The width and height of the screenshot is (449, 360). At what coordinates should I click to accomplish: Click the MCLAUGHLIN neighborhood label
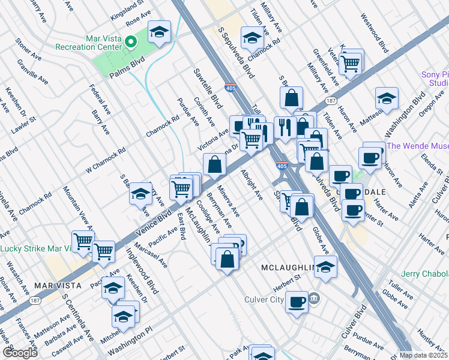pyautogui.click(x=288, y=266)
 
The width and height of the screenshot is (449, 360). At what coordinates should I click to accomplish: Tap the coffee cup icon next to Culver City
pyautogui.click(x=297, y=302)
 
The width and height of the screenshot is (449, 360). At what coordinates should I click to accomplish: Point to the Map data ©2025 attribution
pyautogui.click(x=424, y=355)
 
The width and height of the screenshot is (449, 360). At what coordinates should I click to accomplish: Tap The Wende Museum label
pyautogui.click(x=418, y=146)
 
